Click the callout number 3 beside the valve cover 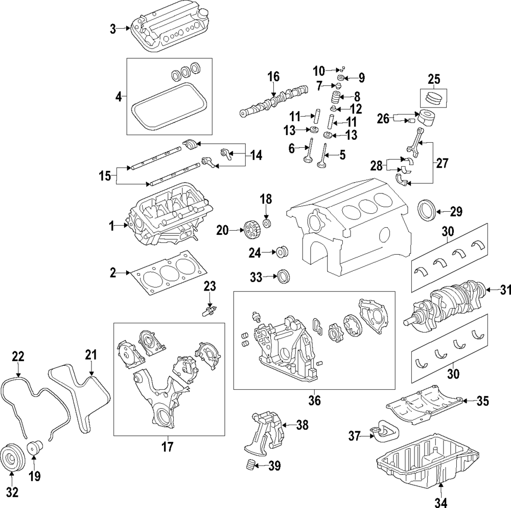(x=113, y=29)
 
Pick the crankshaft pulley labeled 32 (x=11, y=454)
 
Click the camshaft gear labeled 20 (x=250, y=231)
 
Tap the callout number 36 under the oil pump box (x=314, y=401)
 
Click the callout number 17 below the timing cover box (x=167, y=447)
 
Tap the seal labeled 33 (x=283, y=277)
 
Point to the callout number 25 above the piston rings (x=434, y=79)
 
